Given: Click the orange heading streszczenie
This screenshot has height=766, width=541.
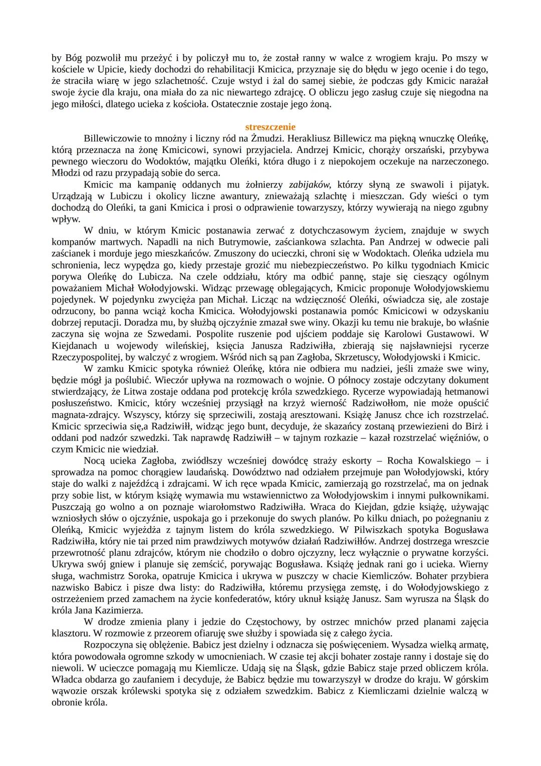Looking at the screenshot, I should [270, 127].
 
